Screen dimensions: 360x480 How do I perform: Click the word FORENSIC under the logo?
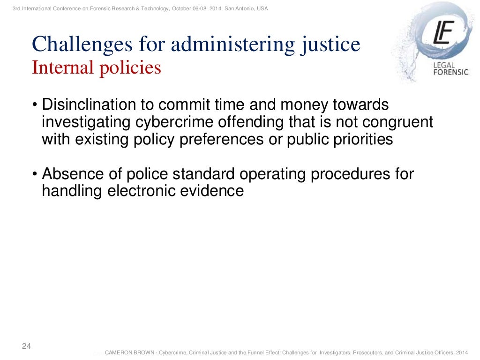coord(450,73)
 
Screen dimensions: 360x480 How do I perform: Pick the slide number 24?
coord(27,346)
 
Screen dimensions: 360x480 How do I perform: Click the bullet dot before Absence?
coord(35,174)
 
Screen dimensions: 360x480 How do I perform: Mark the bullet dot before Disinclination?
coord(35,105)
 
